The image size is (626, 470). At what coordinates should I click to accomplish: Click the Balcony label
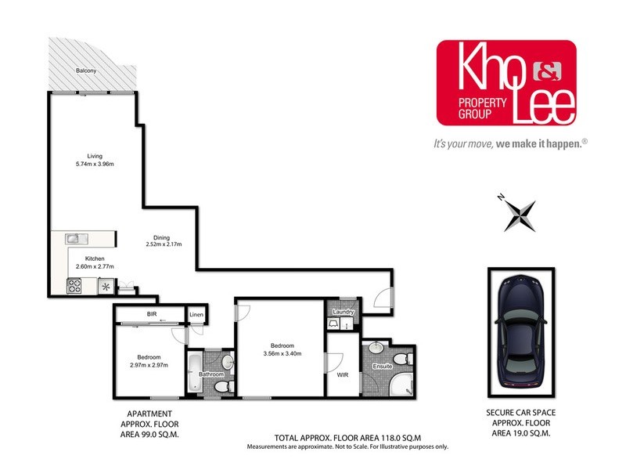(x=86, y=71)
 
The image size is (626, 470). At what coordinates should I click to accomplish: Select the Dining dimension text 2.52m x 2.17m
(x=164, y=244)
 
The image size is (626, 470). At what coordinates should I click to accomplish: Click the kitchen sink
(x=73, y=238)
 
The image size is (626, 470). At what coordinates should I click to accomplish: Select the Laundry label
(x=344, y=313)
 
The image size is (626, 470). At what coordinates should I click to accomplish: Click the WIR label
(x=342, y=375)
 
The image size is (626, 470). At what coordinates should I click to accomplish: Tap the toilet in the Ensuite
(x=401, y=358)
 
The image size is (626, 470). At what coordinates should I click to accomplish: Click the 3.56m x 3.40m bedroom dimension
(x=283, y=353)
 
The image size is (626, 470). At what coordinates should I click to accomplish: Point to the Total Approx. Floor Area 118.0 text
(x=349, y=439)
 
